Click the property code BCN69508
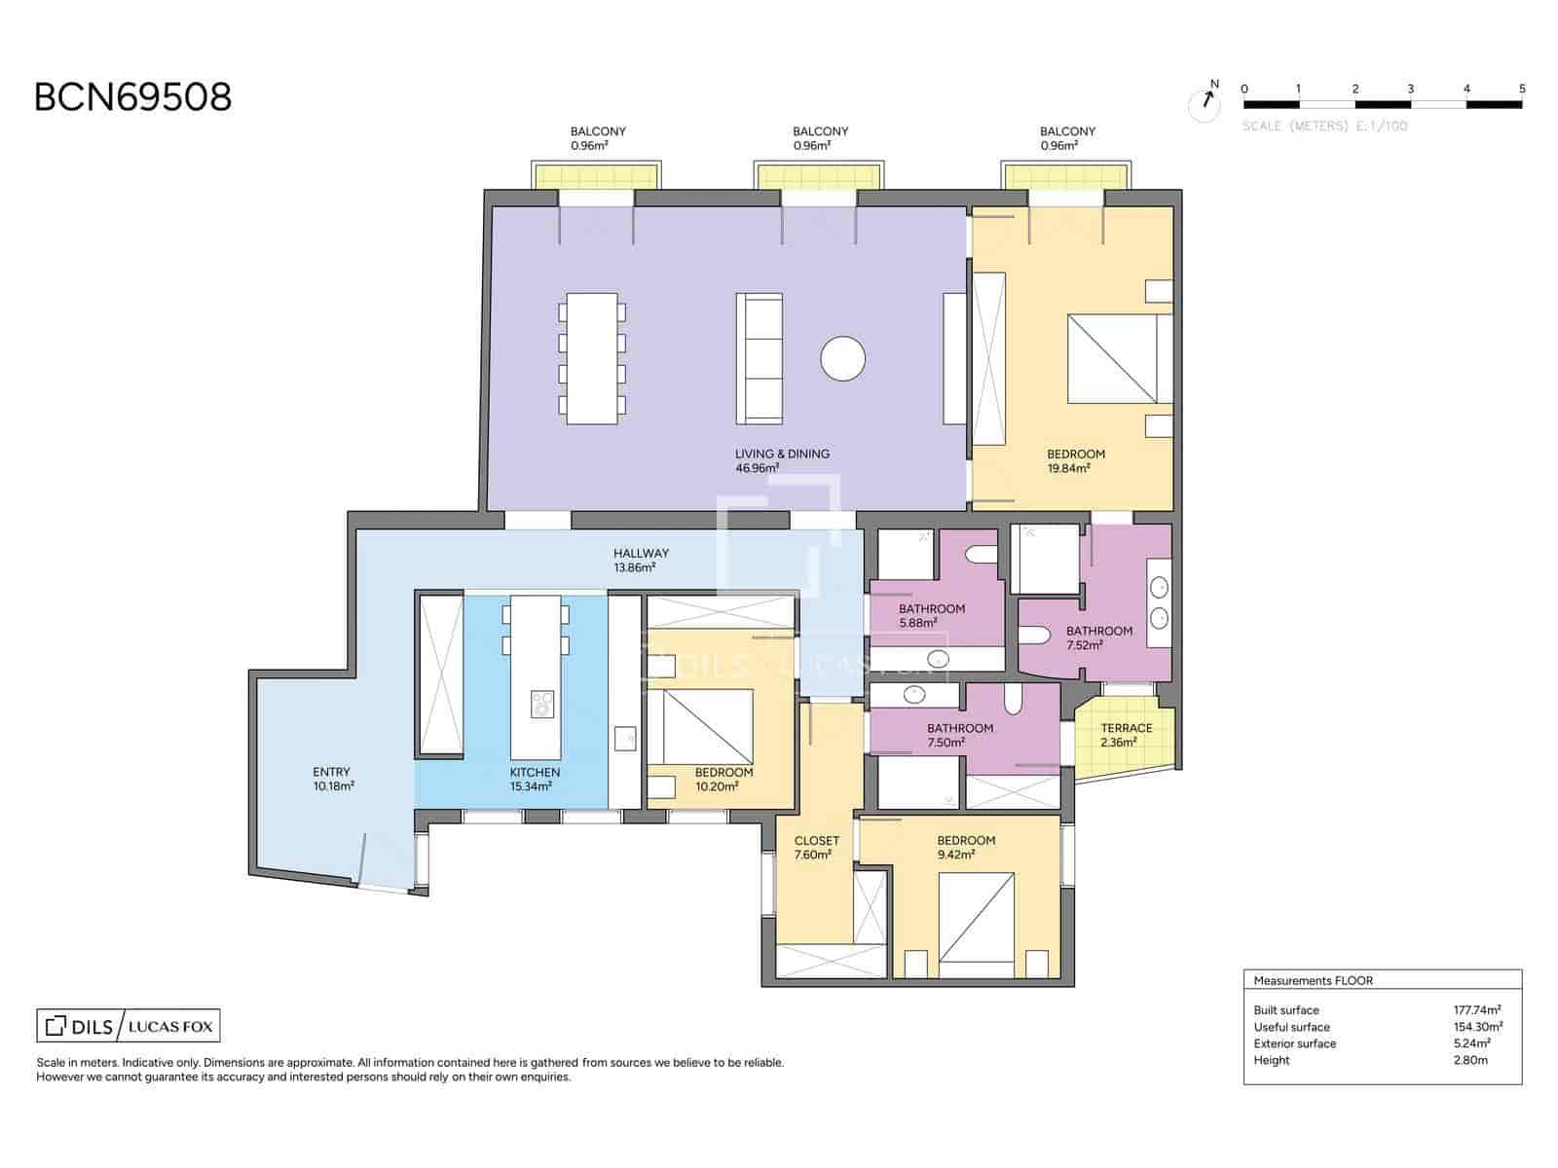click(132, 97)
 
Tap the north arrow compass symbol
click(1205, 102)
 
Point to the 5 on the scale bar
click(1522, 90)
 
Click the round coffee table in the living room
click(842, 358)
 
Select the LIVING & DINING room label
click(782, 454)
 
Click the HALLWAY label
click(641, 553)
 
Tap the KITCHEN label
click(535, 772)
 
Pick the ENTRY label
click(331, 772)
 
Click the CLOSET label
click(817, 840)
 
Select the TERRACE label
click(1127, 728)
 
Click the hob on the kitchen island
click(542, 704)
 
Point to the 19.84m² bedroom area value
click(1069, 468)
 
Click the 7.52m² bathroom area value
click(1085, 645)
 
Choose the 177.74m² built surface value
click(1477, 1010)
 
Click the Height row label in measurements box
click(1272, 1060)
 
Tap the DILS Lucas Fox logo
click(129, 1026)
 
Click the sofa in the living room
click(760, 358)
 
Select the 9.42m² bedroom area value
click(956, 855)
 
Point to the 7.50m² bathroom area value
click(946, 743)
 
